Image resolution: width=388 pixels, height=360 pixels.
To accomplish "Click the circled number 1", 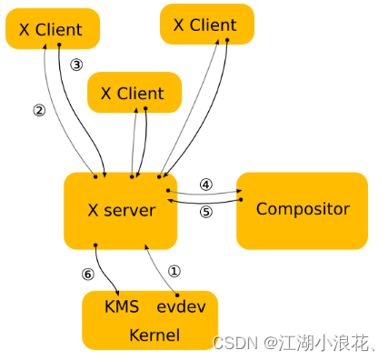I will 174,270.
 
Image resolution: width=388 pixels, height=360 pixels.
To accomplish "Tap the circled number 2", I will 39,111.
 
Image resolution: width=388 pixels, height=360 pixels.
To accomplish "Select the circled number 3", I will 76,65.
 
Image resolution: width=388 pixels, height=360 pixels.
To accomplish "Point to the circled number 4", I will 205,183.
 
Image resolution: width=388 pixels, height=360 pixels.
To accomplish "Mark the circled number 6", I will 87,274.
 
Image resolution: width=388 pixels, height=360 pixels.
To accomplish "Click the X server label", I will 121,210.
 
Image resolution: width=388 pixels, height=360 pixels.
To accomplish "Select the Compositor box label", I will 303,209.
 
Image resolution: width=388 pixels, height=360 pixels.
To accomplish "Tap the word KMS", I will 122,306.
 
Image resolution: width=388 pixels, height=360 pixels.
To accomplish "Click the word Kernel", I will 154,335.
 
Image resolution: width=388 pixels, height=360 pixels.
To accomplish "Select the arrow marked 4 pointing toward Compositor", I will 205,193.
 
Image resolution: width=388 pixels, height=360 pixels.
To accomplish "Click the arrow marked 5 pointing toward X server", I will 205,202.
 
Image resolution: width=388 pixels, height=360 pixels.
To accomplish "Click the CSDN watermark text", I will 234,343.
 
